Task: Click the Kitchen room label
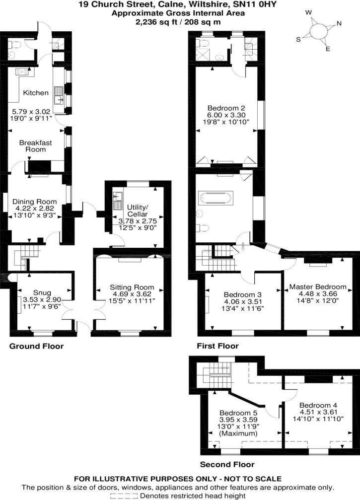point(36,93)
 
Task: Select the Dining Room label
point(36,202)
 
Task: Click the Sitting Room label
point(132,287)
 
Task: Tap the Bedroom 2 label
point(225,107)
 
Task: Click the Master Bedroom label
point(318,287)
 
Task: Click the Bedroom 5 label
point(238,413)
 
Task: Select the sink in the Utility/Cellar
point(118,200)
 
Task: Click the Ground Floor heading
point(37,346)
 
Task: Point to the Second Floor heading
point(227,465)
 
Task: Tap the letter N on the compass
point(339,23)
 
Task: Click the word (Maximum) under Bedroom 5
point(238,433)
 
